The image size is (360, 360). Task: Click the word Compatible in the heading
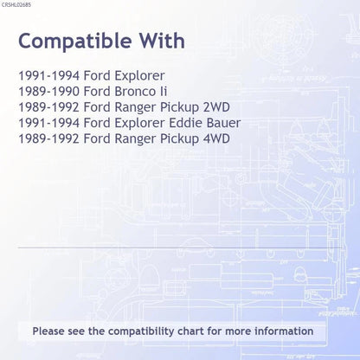tap(75, 42)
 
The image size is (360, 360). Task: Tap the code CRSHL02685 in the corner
tap(16, 5)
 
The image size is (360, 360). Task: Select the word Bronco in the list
tap(135, 92)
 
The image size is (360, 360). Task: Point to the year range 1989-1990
tap(48, 92)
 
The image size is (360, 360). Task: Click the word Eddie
tap(185, 123)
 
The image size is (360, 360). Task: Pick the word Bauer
tap(223, 123)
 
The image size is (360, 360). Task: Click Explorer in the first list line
tap(139, 76)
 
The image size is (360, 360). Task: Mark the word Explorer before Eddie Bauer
tap(139, 124)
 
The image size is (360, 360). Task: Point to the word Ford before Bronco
tap(97, 92)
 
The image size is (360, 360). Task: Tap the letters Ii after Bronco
tap(164, 92)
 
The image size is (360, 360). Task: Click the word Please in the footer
tap(48, 331)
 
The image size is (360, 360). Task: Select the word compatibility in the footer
tap(141, 331)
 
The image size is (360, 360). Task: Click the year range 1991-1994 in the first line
tap(48, 76)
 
